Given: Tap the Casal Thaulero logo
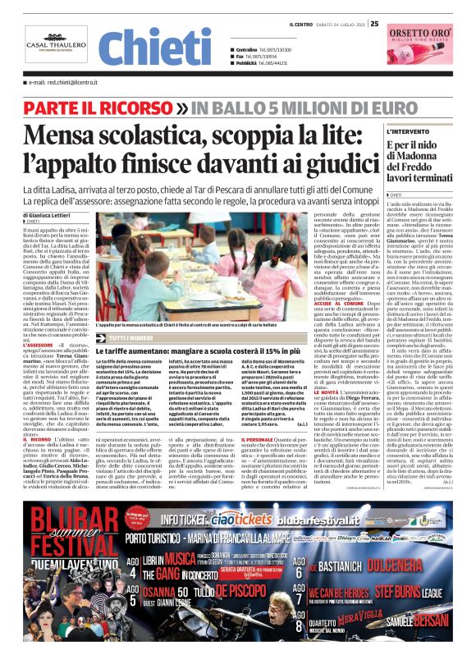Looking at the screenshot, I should coord(57,48).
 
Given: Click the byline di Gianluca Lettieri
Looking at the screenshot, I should coord(53,215).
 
